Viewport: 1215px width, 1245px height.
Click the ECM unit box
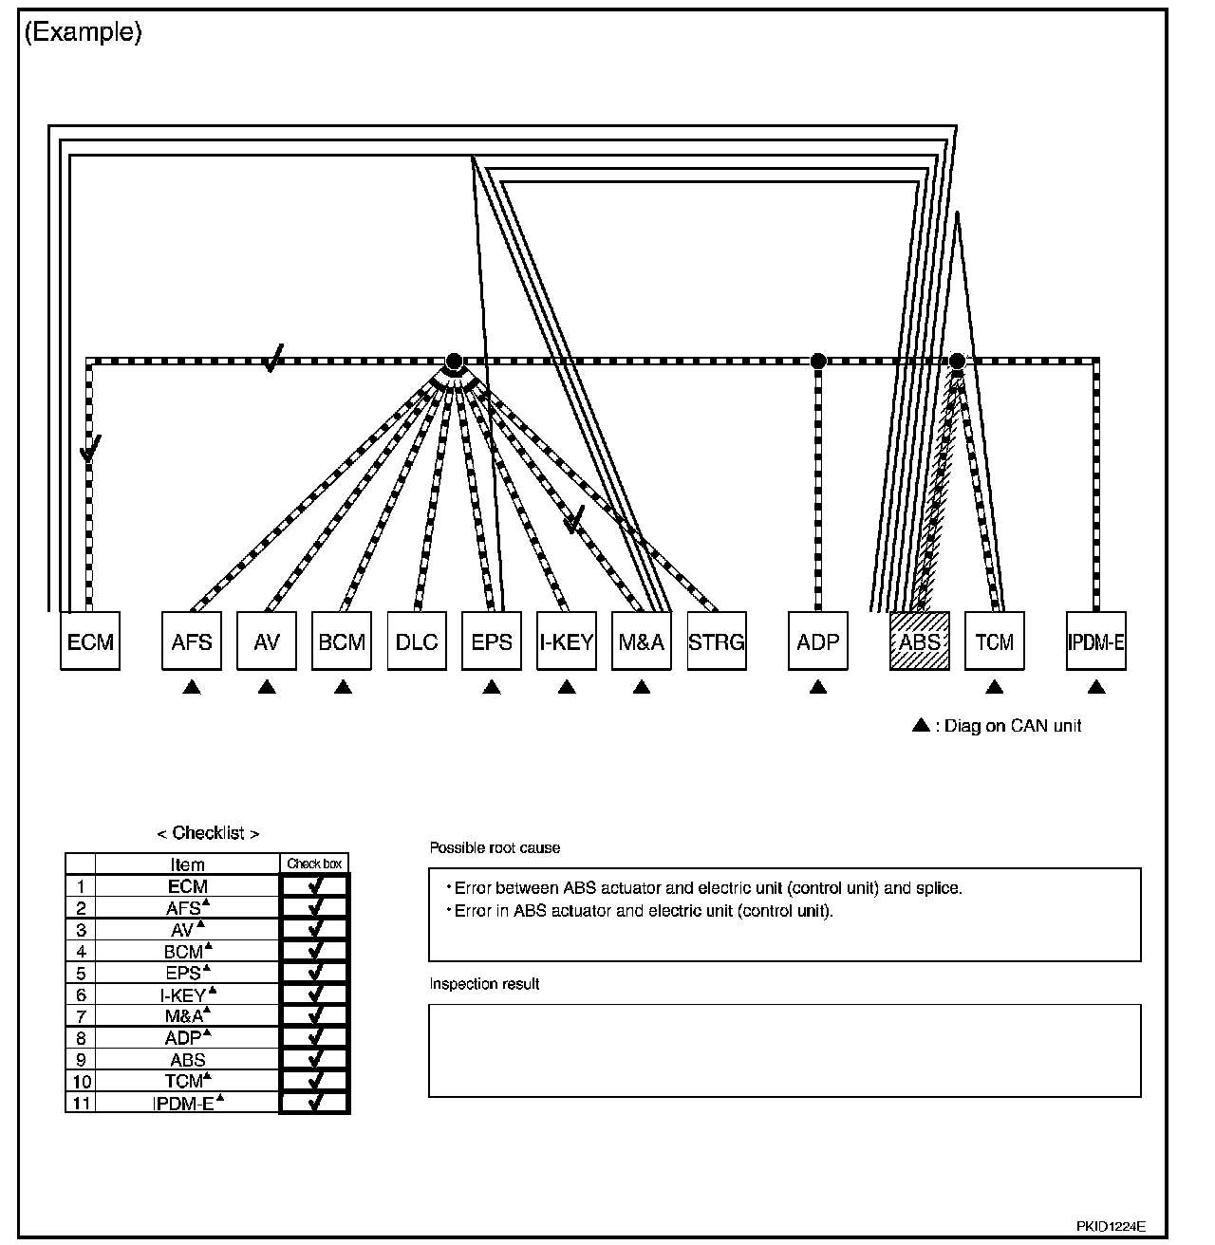tap(90, 641)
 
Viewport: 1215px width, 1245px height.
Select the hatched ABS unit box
tap(919, 641)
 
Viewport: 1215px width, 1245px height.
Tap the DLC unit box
tap(417, 641)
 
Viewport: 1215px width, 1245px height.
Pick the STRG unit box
tap(716, 641)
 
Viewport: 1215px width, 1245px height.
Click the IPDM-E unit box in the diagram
tap(1095, 641)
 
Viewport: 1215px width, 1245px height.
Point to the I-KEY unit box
tap(567, 641)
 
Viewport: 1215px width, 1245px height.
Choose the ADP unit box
tap(817, 641)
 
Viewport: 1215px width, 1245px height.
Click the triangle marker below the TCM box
tap(994, 687)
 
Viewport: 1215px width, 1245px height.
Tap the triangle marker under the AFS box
tap(192, 687)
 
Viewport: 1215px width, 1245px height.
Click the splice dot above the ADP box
tap(818, 361)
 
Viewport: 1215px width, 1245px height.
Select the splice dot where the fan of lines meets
tap(454, 361)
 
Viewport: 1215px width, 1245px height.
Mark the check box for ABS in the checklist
tap(315, 1060)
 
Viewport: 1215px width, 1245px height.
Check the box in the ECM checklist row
tap(315, 886)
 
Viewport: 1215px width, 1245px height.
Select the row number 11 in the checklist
tap(80, 1103)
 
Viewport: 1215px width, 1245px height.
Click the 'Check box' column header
tap(315, 864)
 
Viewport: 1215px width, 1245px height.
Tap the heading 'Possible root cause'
tap(495, 847)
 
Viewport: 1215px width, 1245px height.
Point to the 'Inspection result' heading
tap(484, 984)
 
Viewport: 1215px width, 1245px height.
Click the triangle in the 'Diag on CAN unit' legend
tap(920, 726)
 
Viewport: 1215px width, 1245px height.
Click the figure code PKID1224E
tap(1111, 1226)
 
